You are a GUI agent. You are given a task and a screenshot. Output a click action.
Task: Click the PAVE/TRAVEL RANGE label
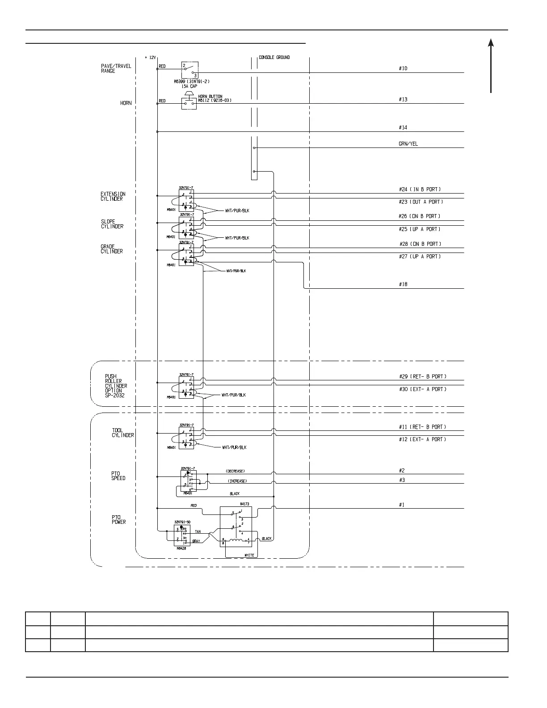pos(116,68)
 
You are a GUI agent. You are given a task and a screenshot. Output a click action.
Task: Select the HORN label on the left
pos(126,103)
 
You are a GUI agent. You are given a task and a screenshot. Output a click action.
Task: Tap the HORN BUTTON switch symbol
pos(189,103)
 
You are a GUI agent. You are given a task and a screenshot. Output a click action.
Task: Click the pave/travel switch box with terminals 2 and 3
pos(189,70)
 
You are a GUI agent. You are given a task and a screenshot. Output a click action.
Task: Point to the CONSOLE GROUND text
pos(274,57)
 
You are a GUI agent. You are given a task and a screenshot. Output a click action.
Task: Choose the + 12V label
pos(150,58)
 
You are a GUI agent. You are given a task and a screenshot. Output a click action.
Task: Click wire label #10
pos(403,68)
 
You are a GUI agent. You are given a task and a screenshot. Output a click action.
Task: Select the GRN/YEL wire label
pos(408,144)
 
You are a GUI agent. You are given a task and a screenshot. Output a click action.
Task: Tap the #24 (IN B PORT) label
pos(422,190)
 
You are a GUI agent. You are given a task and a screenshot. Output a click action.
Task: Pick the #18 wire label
pos(403,284)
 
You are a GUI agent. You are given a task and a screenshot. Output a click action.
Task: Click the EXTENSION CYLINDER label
pos(113,197)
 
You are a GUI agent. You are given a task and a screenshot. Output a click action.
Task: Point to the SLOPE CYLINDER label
pos(112,224)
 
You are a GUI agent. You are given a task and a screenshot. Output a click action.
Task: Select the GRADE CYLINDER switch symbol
pos(186,255)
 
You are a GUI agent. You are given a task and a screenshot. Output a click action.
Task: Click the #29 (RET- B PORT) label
pos(422,377)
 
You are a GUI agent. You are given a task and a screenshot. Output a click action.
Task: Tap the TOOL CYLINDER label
pos(122,433)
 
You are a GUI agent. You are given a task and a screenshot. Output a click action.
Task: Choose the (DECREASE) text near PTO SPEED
pos(235,471)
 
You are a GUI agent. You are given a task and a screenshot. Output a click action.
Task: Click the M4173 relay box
pos(236,527)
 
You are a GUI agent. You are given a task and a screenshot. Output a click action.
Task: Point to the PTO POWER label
pos(118,519)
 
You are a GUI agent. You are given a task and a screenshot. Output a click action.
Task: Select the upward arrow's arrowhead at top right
pos(491,42)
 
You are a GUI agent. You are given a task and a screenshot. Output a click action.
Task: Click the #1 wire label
pos(401,505)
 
